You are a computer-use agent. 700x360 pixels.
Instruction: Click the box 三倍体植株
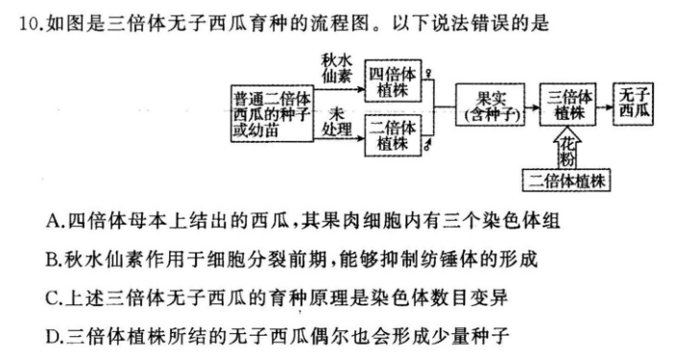point(569,106)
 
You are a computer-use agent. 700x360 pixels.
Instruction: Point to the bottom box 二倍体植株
point(569,179)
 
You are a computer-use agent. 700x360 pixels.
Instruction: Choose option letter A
point(52,222)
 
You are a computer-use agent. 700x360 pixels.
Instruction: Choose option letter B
point(52,260)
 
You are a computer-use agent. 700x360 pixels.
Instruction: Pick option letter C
point(52,299)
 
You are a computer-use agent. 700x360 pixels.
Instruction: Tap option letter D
point(52,337)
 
